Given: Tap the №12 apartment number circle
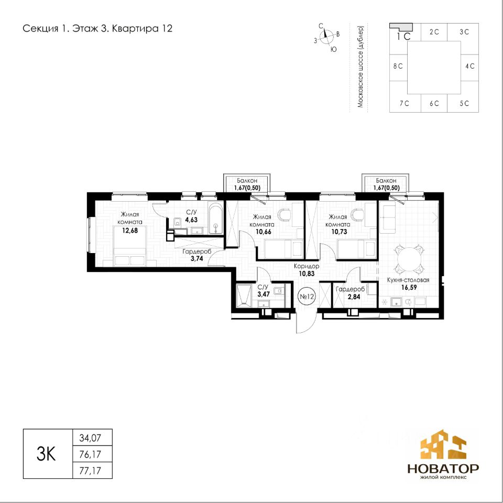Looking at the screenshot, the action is pyautogui.click(x=307, y=297).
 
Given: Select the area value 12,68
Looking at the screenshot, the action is pyautogui.click(x=130, y=231).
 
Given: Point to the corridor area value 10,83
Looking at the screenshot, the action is pyautogui.click(x=307, y=274).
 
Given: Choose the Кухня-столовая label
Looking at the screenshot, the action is pyautogui.click(x=408, y=280).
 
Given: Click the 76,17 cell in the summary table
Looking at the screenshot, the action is pyautogui.click(x=92, y=454).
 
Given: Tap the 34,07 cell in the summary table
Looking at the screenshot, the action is pyautogui.click(x=92, y=438).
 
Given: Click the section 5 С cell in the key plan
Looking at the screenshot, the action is pyautogui.click(x=464, y=103).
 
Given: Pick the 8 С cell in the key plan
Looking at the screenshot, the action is pyautogui.click(x=398, y=67).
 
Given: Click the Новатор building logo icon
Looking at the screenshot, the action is pyautogui.click(x=443, y=445).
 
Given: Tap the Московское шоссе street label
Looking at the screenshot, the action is pyautogui.click(x=360, y=67).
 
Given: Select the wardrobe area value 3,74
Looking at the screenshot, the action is pyautogui.click(x=197, y=258).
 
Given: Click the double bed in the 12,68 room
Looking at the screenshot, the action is pyautogui.click(x=130, y=246).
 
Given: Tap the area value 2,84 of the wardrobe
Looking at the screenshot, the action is pyautogui.click(x=354, y=297).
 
